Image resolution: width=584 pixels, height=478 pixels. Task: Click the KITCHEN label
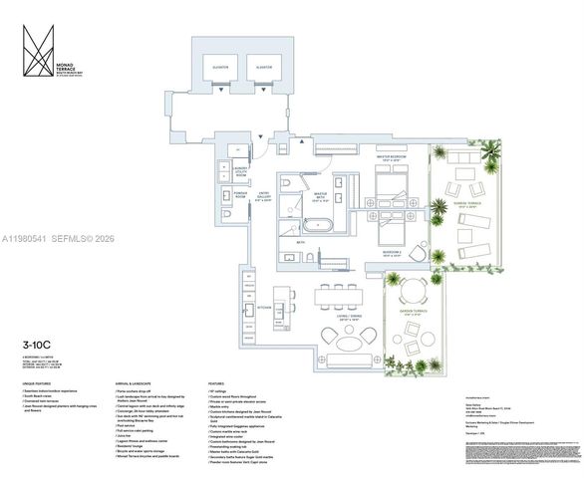point(265,308)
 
